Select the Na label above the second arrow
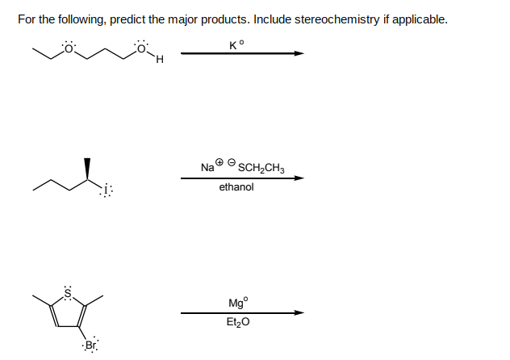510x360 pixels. point(207,168)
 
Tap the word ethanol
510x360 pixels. point(236,187)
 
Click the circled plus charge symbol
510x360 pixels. point(219,161)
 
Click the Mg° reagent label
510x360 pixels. point(238,303)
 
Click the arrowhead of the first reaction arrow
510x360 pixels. point(299,53)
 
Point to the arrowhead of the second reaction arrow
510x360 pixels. point(299,178)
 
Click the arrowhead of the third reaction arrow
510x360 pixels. point(299,313)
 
